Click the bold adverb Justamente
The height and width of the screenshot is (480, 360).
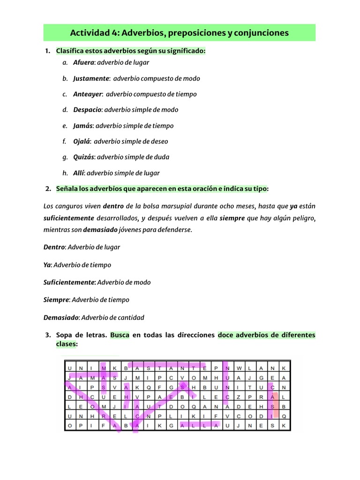click(x=91, y=78)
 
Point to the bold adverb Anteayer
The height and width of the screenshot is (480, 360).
click(x=88, y=94)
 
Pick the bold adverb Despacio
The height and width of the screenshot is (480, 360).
click(x=87, y=110)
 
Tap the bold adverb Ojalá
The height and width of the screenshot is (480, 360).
click(x=82, y=141)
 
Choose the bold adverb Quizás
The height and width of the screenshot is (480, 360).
click(x=84, y=157)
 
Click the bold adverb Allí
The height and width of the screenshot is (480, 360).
click(x=79, y=173)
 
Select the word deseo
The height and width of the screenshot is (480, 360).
click(x=159, y=141)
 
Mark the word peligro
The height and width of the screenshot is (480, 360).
click(x=302, y=218)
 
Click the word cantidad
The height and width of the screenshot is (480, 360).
click(x=131, y=317)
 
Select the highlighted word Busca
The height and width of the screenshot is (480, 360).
click(x=120, y=335)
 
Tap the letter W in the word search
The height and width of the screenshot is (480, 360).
click(x=239, y=368)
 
